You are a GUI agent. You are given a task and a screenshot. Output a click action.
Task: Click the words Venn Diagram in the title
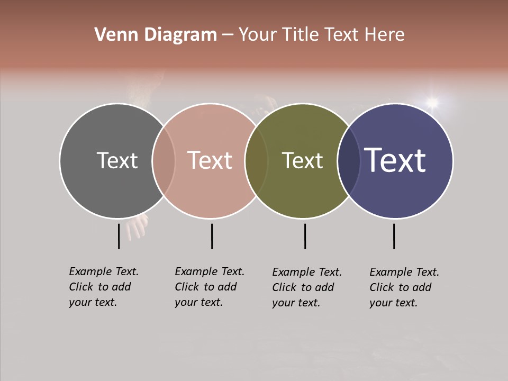point(156,35)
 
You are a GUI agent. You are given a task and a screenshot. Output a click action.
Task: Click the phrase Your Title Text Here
point(321,35)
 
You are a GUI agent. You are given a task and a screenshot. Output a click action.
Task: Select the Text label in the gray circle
point(117,160)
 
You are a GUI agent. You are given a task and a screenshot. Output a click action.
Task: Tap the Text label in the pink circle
point(210,160)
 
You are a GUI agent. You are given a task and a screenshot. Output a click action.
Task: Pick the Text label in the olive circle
point(302,160)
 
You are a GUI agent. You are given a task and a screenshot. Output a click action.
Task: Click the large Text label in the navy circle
point(395,160)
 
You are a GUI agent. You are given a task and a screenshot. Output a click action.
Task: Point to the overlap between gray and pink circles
point(164,161)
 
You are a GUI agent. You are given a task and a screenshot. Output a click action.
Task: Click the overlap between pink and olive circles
point(256,161)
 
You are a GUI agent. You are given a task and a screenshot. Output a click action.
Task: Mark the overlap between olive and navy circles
point(349,161)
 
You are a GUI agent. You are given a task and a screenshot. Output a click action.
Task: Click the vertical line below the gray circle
point(119,236)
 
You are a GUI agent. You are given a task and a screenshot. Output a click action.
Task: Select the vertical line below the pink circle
point(212,236)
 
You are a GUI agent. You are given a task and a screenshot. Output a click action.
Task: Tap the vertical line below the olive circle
point(305,236)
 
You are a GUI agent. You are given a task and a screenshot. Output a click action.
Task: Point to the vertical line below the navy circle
point(394,236)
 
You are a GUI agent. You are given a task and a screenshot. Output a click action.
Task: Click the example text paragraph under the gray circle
point(103,287)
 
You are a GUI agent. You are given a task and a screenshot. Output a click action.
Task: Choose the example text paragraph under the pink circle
point(209,287)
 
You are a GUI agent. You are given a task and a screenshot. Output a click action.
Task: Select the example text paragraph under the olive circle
point(306,287)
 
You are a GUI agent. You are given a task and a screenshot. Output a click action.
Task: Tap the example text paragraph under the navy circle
point(404,287)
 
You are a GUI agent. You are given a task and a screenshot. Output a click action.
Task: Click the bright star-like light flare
point(432,102)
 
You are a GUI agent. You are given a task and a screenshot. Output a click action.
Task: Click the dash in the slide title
point(228,35)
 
